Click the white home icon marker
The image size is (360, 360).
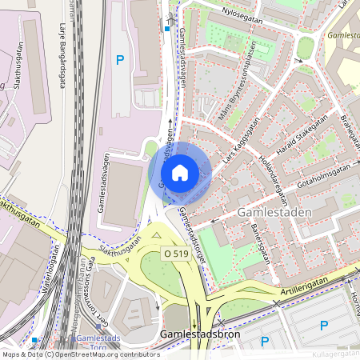pyautogui.click(x=180, y=172)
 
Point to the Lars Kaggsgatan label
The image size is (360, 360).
pyautogui.click(x=242, y=143)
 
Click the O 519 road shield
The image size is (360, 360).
pyautogui.click(x=178, y=253)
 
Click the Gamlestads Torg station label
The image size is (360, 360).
pyautogui.click(x=98, y=342)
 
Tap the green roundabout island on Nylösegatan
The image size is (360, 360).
pyautogui.click(x=305, y=49)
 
